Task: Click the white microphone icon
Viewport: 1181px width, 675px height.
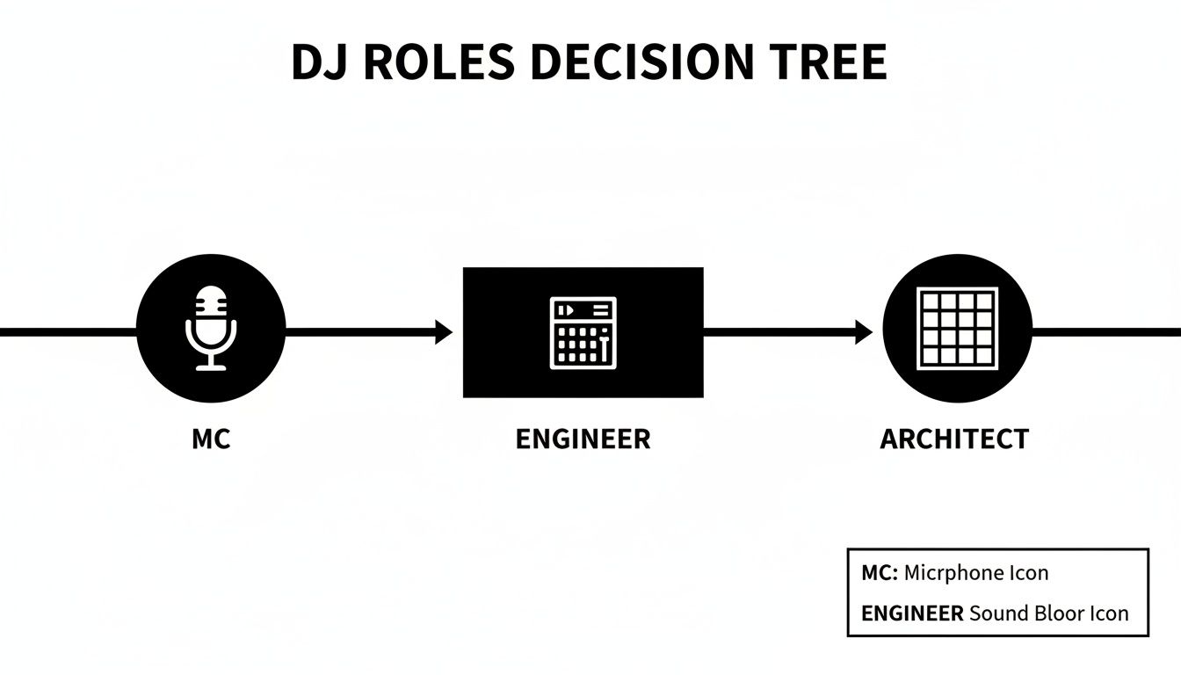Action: click(211, 326)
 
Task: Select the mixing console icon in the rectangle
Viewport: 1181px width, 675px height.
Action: click(583, 332)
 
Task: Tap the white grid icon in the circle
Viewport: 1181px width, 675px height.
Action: click(957, 328)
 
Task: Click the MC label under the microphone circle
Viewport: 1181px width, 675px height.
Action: click(211, 439)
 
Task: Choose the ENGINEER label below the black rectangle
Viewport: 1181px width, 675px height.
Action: click(583, 439)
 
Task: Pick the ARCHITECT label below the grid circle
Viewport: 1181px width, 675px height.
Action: click(954, 439)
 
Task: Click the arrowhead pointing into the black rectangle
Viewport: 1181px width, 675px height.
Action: click(444, 332)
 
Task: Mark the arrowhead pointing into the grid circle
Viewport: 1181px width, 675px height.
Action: click(864, 332)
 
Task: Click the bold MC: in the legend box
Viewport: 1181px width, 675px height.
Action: click(880, 573)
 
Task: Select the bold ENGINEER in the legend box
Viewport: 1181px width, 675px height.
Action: click(912, 613)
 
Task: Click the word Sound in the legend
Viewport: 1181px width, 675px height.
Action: click(996, 613)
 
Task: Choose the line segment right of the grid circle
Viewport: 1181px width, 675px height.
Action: click(1106, 332)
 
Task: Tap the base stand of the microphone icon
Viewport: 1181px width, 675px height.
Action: click(211, 367)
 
